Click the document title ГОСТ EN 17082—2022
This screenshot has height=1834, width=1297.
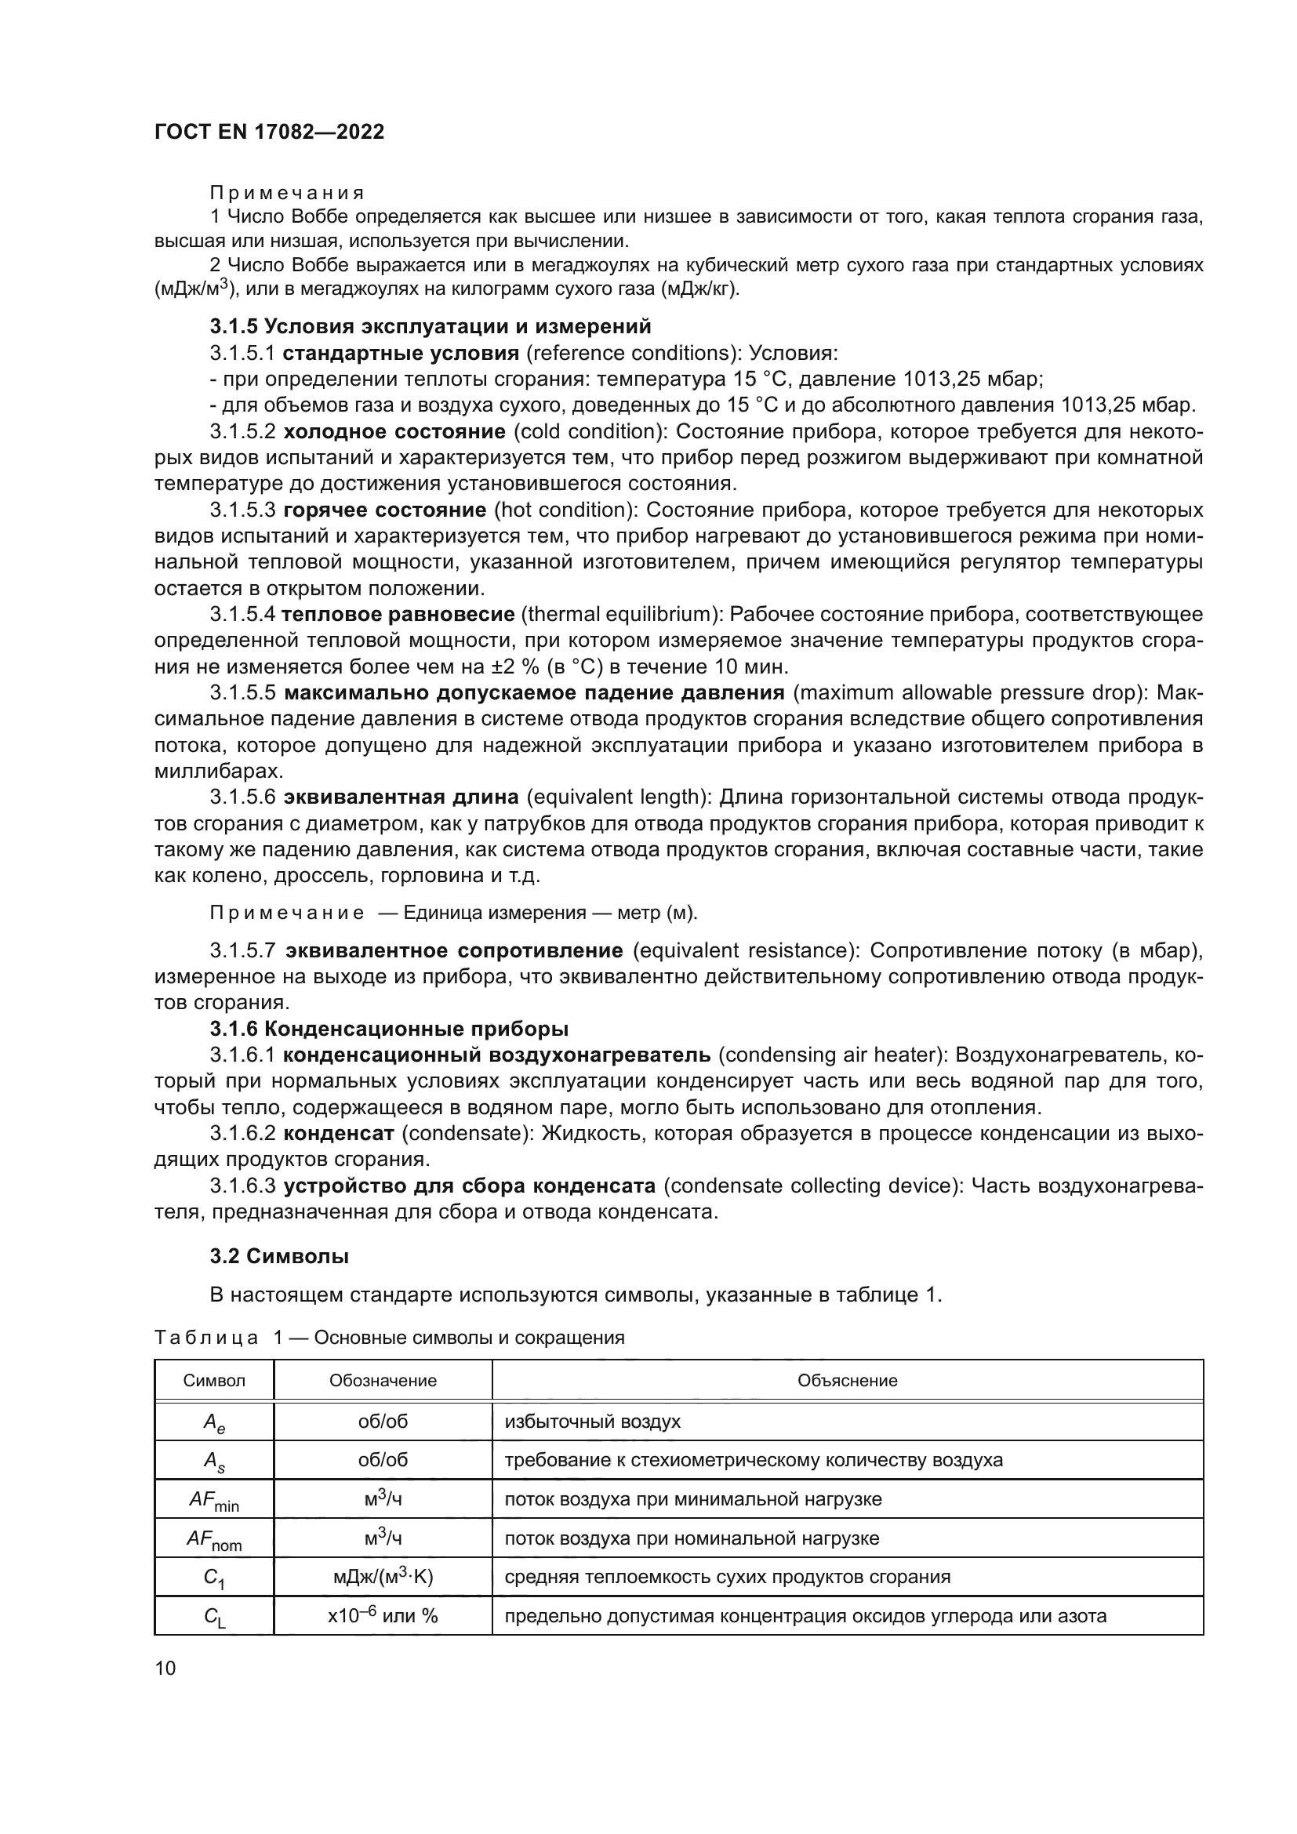point(269,133)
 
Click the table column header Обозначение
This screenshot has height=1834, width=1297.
point(383,1380)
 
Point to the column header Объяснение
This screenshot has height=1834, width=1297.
point(847,1380)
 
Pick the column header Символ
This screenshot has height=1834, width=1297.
point(214,1380)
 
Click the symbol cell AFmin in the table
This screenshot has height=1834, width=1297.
point(214,1501)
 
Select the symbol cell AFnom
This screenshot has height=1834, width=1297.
point(214,1540)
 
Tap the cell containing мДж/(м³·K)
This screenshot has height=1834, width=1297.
point(383,1577)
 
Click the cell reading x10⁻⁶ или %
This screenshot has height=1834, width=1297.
point(383,1616)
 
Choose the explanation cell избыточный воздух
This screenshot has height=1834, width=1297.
point(593,1422)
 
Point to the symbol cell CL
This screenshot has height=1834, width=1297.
point(214,1618)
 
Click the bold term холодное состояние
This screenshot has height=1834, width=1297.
point(394,432)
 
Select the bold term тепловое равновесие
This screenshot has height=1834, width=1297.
point(398,614)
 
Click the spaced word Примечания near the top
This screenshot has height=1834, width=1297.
point(287,194)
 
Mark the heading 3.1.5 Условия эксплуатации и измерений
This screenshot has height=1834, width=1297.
point(431,327)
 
